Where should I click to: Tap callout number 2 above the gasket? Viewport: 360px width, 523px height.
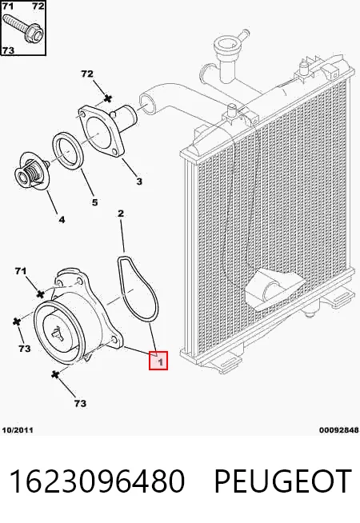point(121,214)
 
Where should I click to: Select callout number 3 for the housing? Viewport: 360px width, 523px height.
point(139,181)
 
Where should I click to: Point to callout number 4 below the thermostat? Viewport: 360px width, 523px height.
point(62,219)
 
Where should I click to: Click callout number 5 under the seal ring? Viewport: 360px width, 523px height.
point(94,202)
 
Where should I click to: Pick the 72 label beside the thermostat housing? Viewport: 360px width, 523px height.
point(87,74)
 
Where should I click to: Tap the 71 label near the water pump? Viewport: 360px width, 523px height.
point(21,271)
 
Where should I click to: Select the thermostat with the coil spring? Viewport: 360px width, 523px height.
point(32,172)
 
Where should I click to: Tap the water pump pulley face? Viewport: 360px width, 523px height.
point(58,334)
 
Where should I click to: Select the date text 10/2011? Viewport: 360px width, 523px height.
point(18,430)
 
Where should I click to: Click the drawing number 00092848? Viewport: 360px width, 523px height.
point(338,430)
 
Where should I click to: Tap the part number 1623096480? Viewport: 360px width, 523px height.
point(97,481)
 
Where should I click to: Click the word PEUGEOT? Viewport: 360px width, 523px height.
point(282,481)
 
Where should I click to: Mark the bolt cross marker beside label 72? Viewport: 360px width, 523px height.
point(107,98)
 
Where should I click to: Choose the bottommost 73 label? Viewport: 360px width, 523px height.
point(80,404)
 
